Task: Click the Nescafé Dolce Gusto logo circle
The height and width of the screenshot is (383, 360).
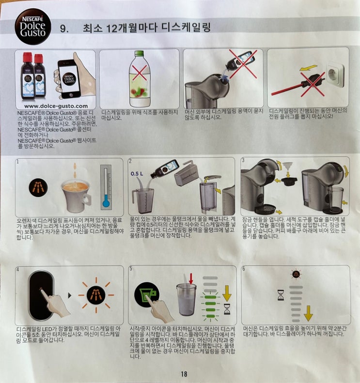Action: click(x=33, y=27)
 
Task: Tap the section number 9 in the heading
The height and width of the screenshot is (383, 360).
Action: click(x=64, y=29)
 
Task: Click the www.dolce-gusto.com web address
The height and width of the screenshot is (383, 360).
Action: click(x=56, y=106)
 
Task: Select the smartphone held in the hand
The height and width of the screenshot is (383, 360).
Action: click(x=69, y=79)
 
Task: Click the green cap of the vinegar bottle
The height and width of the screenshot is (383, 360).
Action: click(x=140, y=54)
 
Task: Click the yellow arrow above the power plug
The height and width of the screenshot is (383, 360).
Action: click(x=309, y=68)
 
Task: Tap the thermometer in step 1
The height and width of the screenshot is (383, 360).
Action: click(x=106, y=187)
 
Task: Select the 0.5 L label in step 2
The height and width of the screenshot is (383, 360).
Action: click(x=137, y=174)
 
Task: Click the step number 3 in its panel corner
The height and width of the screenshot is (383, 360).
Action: click(x=243, y=160)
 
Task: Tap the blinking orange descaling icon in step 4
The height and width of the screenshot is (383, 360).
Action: click(x=96, y=295)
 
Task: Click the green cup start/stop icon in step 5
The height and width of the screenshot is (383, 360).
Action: click(x=147, y=294)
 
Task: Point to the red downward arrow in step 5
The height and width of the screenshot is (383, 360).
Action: click(x=191, y=279)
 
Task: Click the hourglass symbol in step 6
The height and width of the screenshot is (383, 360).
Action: click(x=281, y=295)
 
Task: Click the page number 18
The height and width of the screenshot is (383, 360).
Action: click(x=184, y=374)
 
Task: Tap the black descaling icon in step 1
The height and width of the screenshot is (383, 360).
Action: click(x=38, y=187)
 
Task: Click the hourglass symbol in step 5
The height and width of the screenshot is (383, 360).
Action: click(x=227, y=309)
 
